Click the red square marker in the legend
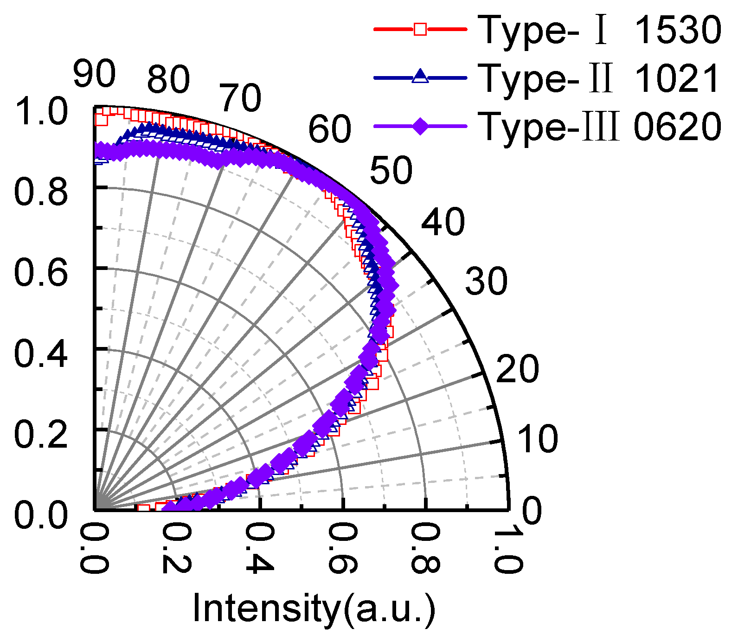tap(420, 30)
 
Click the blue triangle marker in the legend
tap(420, 76)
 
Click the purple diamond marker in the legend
tap(420, 126)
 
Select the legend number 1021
tap(677, 78)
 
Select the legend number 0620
tap(677, 126)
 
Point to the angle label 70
tap(240, 98)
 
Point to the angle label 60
tap(330, 129)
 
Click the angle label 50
tap(391, 170)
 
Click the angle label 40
tap(443, 222)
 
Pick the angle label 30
tap(487, 281)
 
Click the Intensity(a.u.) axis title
tap(314, 608)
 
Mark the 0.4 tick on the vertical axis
tap(41, 353)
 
